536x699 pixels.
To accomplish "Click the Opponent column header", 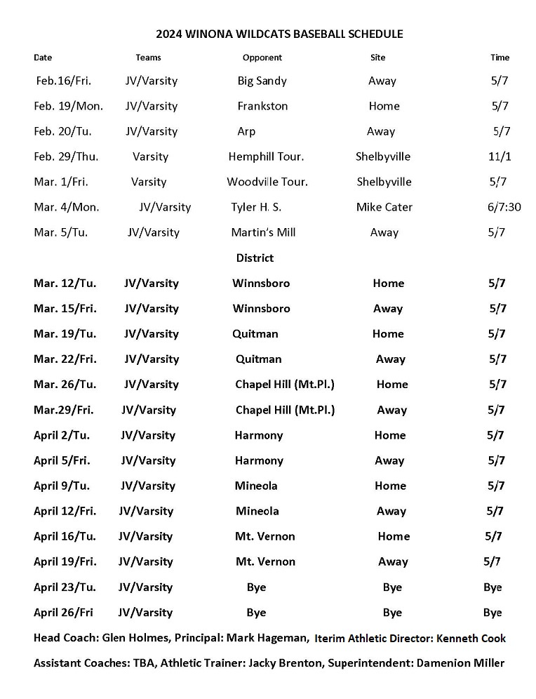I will coord(262,58).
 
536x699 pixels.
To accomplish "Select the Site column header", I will coord(377,58).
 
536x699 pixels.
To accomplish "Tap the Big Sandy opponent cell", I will coord(262,81).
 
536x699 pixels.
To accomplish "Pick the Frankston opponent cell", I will coord(262,106).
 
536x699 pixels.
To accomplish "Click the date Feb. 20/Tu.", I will coord(62,131).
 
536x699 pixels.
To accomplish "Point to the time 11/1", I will coord(500,157).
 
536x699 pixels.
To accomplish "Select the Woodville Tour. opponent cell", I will coord(267,182).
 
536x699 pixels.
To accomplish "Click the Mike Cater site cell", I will coord(384,207).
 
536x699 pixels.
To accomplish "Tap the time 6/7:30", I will coord(504,207).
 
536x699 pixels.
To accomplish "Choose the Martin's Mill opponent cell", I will coord(263,232).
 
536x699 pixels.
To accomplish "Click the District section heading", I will coord(255,258).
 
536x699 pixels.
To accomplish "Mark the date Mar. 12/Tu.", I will coord(65,284).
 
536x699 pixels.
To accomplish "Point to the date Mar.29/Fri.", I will coord(63,410).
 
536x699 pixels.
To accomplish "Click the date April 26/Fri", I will coord(63,613).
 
